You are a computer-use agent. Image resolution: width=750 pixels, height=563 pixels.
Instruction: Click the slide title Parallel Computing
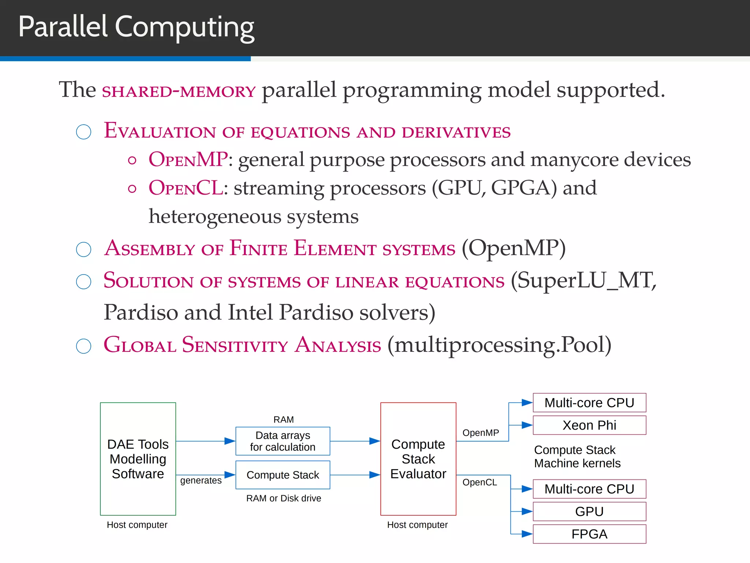[136, 27]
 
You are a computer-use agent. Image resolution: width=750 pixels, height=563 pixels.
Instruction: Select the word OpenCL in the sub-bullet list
[186, 188]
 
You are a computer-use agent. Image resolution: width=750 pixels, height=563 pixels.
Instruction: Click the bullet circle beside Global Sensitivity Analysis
[83, 346]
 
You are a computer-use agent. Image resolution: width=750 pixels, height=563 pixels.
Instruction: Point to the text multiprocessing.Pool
[500, 345]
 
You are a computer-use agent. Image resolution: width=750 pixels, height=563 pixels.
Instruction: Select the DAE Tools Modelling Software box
[138, 459]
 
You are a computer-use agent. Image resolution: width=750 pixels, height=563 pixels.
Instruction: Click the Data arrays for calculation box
[283, 441]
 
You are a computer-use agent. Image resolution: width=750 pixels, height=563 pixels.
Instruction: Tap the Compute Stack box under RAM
[283, 475]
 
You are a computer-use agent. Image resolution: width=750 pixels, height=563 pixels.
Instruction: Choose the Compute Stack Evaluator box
[418, 459]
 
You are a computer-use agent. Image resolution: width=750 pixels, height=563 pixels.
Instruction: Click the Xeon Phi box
[589, 425]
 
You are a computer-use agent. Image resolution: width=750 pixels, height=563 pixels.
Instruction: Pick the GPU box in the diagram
[589, 511]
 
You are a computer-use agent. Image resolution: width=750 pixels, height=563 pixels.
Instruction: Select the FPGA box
[589, 534]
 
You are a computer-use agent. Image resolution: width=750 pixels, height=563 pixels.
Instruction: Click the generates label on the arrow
[201, 481]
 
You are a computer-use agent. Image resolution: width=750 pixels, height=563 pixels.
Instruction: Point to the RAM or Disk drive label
[283, 498]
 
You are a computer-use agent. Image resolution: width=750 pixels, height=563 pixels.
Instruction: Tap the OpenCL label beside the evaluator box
[479, 482]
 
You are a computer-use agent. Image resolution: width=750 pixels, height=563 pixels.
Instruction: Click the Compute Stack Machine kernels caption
[577, 457]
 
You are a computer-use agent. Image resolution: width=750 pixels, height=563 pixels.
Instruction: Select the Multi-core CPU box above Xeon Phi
[589, 403]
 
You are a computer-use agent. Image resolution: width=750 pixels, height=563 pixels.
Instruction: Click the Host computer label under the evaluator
[417, 525]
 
